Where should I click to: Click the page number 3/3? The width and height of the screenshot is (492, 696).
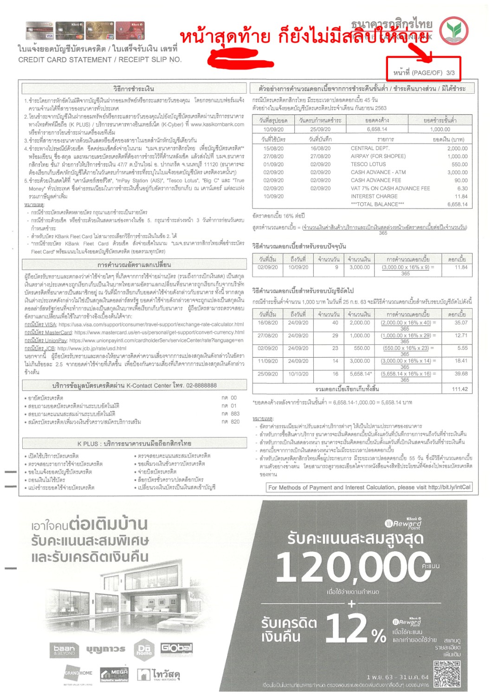tap(450, 73)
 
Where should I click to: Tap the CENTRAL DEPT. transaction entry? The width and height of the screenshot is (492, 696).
tap(369, 148)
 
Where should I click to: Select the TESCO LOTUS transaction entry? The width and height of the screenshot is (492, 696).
tap(368, 164)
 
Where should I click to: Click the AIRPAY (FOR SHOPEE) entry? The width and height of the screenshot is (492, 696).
tap(378, 156)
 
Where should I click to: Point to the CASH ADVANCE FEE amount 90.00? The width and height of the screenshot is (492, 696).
tap(461, 180)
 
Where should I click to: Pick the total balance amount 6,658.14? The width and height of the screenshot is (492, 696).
tap(457, 204)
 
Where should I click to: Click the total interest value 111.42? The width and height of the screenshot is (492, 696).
tap(460, 389)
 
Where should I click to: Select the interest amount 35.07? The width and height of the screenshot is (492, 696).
tap(461, 322)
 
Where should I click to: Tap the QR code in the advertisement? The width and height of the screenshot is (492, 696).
tap(447, 673)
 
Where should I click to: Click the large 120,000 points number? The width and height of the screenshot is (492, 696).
tap(353, 567)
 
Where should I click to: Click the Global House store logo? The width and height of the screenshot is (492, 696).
tap(176, 648)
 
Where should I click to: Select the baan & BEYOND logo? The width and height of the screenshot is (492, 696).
tap(64, 650)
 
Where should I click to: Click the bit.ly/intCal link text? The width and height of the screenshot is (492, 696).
tap(449, 487)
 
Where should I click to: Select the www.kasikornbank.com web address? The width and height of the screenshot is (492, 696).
tap(217, 124)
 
